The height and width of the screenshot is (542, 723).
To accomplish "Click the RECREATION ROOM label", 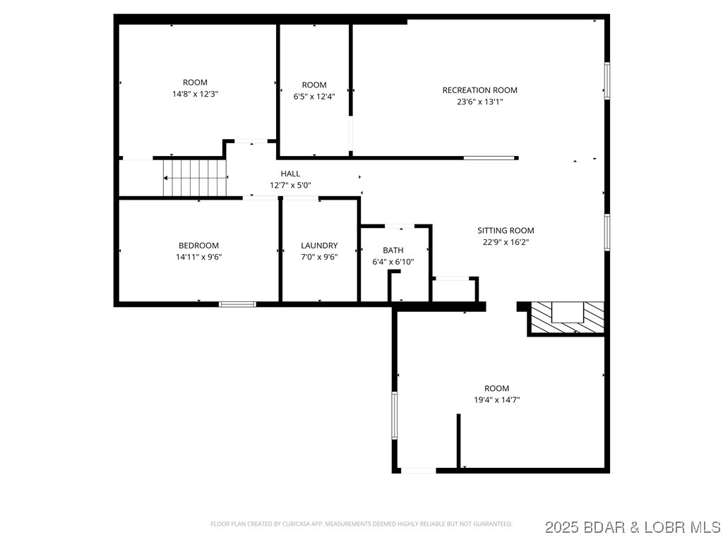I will pyautogui.click(x=479, y=90).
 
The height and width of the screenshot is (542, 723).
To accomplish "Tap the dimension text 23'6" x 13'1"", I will pyautogui.click(x=479, y=102).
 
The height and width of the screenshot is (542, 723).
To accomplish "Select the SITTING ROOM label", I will pyautogui.click(x=506, y=231).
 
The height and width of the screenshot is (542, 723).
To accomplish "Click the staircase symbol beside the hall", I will pyautogui.click(x=195, y=178).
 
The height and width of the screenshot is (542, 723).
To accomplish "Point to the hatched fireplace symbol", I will pyautogui.click(x=567, y=317).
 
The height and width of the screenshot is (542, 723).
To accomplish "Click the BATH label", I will pyautogui.click(x=393, y=251).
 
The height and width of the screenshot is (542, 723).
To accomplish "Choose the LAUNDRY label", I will pyautogui.click(x=319, y=246).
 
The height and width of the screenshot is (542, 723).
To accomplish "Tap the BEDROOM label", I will pyautogui.click(x=198, y=246).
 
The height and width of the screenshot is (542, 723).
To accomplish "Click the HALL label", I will pyautogui.click(x=290, y=174).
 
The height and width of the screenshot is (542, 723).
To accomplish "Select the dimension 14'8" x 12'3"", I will pyautogui.click(x=195, y=94).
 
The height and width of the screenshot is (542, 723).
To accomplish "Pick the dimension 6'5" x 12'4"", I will pyautogui.click(x=314, y=97).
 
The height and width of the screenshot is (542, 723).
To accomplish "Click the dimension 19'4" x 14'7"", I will pyautogui.click(x=496, y=399).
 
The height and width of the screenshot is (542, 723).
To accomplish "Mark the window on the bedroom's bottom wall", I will pyautogui.click(x=237, y=304).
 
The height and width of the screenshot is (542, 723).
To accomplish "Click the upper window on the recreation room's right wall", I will pyautogui.click(x=607, y=79).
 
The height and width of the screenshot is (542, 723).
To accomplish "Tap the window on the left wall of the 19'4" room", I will pyautogui.click(x=395, y=416).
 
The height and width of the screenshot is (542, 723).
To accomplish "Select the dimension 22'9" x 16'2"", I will pyautogui.click(x=506, y=242).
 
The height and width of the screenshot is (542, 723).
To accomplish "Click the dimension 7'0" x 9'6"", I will pyautogui.click(x=319, y=257).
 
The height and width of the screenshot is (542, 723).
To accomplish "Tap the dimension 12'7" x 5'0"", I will pyautogui.click(x=290, y=185).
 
